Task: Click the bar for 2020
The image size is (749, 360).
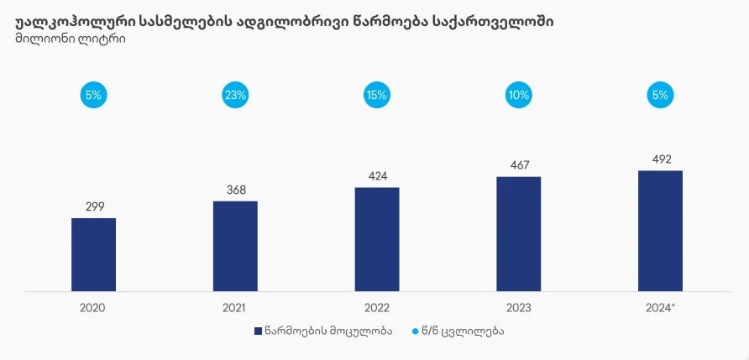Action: point(93,254)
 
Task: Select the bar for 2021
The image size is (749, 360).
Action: point(235,246)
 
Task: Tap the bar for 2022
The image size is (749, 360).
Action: point(377,239)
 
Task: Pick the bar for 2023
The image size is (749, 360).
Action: point(518,234)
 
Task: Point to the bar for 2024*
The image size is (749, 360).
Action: point(660,231)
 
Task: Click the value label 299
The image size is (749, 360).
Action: point(93,206)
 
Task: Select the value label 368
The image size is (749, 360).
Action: point(235,190)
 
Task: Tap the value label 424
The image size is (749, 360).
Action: point(377,176)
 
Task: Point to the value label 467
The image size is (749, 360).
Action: point(518,165)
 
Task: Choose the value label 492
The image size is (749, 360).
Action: point(660,159)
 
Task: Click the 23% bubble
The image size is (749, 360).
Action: point(235,95)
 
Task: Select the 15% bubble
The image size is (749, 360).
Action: point(377,95)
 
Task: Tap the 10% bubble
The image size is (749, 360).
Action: point(518,95)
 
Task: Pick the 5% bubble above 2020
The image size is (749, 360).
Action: point(93,95)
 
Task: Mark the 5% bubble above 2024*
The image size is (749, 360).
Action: point(660,95)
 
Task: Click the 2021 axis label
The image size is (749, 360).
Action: point(235,308)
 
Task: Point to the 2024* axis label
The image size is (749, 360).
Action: point(661,308)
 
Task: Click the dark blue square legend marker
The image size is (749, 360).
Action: point(258,331)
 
